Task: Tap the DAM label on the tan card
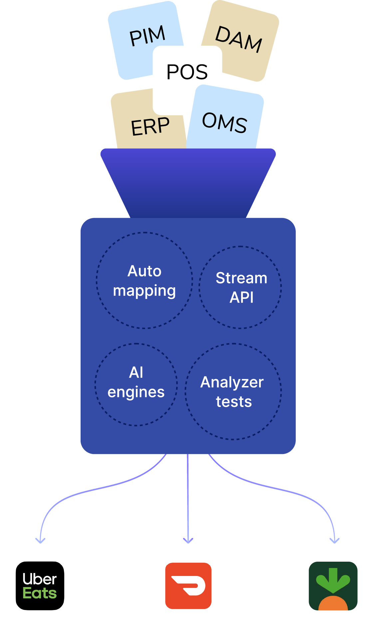click(x=239, y=39)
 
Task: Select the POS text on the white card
click(x=187, y=72)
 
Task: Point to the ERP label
click(x=150, y=126)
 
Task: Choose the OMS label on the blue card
click(x=225, y=122)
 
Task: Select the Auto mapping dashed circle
click(x=144, y=280)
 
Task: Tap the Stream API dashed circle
click(x=240, y=287)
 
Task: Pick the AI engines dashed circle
click(x=136, y=384)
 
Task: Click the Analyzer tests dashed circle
click(x=233, y=391)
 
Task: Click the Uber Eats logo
click(x=40, y=586)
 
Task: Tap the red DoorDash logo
click(x=188, y=586)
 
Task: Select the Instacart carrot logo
click(x=333, y=586)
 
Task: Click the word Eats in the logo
click(x=40, y=593)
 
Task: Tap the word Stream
click(x=241, y=278)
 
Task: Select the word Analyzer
click(x=232, y=382)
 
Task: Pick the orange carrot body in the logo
click(x=333, y=604)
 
